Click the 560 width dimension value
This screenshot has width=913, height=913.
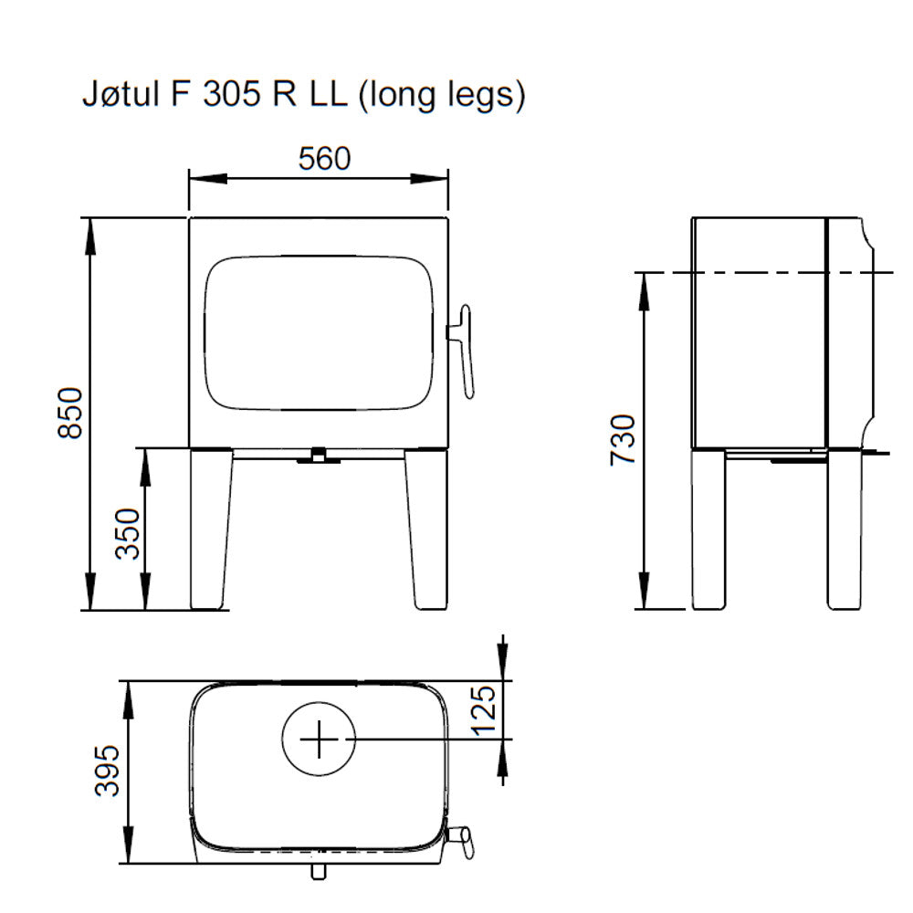[x=324, y=159]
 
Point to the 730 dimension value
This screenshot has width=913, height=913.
[x=623, y=439]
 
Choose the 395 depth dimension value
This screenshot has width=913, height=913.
[x=108, y=771]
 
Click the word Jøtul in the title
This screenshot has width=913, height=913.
[x=116, y=95]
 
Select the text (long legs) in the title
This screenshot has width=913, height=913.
[x=441, y=96]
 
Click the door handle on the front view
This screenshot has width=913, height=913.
[x=466, y=352]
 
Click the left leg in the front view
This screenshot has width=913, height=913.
[x=209, y=530]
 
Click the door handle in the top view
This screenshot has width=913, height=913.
[x=462, y=840]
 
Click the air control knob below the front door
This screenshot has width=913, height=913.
[x=319, y=455]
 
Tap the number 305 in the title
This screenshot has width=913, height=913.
[x=226, y=95]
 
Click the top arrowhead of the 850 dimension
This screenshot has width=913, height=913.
[x=90, y=229]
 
